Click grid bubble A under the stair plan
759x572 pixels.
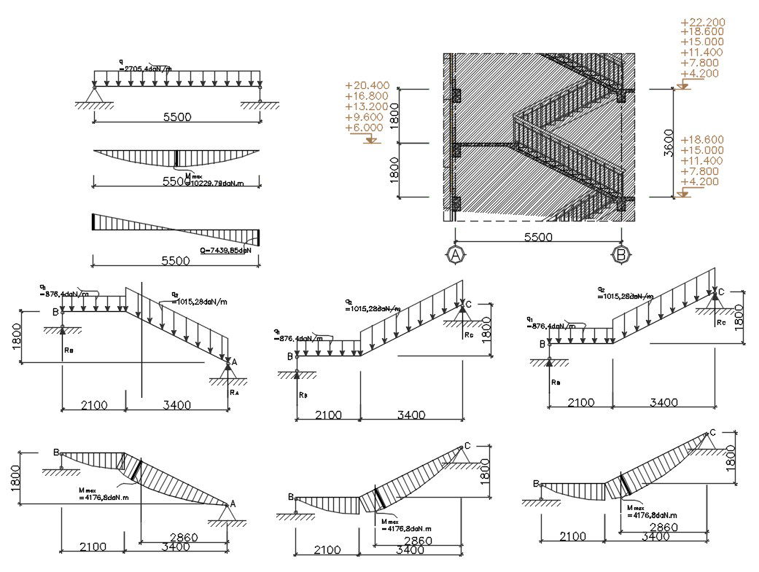click(x=456, y=255)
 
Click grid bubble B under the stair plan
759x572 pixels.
click(x=621, y=255)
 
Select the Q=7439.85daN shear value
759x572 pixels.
click(x=225, y=250)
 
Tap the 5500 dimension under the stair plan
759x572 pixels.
click(x=538, y=238)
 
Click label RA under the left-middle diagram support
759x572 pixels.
click(x=234, y=392)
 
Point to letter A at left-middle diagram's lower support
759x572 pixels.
click(x=234, y=361)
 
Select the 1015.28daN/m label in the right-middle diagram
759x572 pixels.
click(x=626, y=297)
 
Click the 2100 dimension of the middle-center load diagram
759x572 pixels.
click(x=328, y=415)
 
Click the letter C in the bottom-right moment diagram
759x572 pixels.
click(x=712, y=432)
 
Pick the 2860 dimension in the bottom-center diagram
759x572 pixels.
click(x=419, y=540)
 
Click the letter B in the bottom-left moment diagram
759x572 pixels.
click(x=55, y=452)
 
